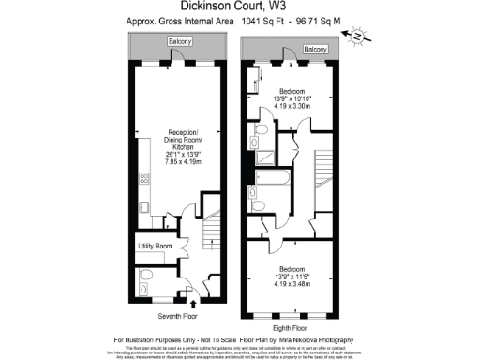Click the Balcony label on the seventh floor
click(x=180, y=42)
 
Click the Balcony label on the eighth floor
click(x=315, y=49)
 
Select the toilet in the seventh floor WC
click(x=142, y=288)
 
